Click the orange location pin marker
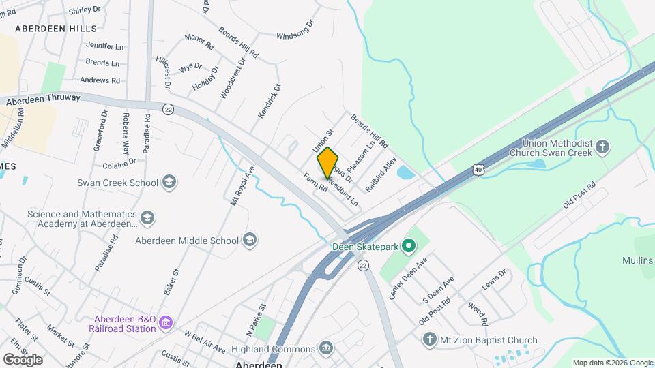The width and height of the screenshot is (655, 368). pos(328,163)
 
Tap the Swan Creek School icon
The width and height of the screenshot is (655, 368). pos(169,182)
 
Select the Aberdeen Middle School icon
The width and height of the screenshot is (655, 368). pos(250,240)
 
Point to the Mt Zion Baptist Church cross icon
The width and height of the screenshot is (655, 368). pos(429,339)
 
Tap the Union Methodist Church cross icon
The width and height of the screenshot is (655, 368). pos(602,147)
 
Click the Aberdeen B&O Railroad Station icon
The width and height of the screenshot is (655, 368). pos(167,322)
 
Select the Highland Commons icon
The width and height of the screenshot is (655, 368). pos(326,348)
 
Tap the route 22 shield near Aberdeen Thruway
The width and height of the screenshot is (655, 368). pos(169,109)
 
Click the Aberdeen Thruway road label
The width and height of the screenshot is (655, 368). pos(44,99)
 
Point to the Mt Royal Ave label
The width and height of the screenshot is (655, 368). pos(242,185)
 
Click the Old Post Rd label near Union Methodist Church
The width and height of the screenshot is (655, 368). pos(579,194)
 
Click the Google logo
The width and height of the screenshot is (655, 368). pos(23,359)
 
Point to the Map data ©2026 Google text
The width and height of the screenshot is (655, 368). pos(612,363)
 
